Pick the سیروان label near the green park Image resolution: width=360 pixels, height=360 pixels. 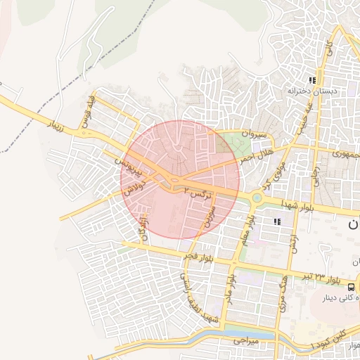point(236,132)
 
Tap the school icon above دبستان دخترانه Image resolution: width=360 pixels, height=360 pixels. point(312,79)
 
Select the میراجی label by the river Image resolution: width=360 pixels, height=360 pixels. point(247,340)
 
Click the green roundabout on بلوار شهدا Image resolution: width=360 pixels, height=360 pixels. point(257,198)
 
